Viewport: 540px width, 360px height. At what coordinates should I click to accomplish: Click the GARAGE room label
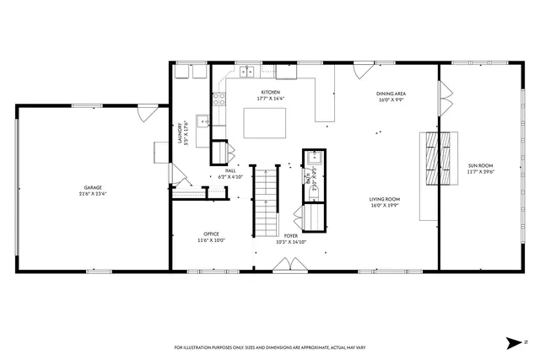[x=93, y=187]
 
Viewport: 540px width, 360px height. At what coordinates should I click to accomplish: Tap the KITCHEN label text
[x=271, y=92]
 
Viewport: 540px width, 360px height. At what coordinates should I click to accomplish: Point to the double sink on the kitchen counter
[x=247, y=71]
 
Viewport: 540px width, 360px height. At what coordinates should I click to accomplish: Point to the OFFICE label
[x=211, y=234]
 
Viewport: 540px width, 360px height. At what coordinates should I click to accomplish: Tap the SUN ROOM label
[x=480, y=165]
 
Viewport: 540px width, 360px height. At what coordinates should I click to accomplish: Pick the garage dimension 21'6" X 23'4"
[x=93, y=193]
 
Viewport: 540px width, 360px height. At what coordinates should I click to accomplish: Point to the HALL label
[x=230, y=171]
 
